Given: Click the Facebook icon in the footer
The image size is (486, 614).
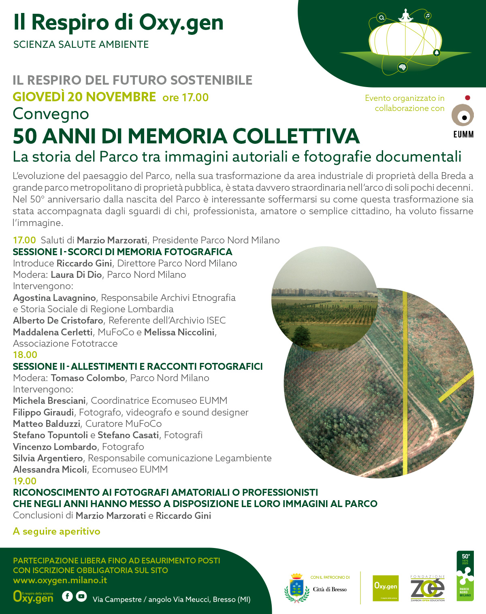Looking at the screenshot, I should [67, 596].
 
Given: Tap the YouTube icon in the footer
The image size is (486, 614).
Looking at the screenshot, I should [81, 596].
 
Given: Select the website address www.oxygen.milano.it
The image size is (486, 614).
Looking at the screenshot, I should [60, 580].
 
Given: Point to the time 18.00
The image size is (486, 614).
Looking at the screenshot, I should [25, 355].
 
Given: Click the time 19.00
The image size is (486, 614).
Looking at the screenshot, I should [25, 481].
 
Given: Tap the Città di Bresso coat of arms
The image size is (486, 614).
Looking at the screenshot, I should [297, 588].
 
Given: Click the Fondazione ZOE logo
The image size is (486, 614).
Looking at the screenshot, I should [427, 588].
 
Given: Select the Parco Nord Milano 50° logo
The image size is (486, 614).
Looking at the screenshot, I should [465, 576].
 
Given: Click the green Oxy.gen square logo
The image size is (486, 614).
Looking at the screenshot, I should [386, 588].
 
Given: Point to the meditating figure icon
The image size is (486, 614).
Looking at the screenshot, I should [405, 16].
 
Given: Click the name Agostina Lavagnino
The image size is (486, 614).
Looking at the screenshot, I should [54, 298].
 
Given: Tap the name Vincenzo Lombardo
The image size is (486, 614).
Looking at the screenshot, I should [55, 447].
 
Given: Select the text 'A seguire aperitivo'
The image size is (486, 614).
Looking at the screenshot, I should [57, 531].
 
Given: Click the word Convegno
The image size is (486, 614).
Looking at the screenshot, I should [51, 114].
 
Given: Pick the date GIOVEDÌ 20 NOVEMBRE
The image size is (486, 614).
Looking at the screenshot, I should [84, 97].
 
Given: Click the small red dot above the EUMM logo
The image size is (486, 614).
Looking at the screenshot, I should [467, 98].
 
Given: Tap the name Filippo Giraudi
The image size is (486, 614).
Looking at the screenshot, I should [43, 412].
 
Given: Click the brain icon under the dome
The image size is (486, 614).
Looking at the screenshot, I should [402, 67].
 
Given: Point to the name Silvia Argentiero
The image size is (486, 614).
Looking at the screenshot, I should [48, 458].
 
